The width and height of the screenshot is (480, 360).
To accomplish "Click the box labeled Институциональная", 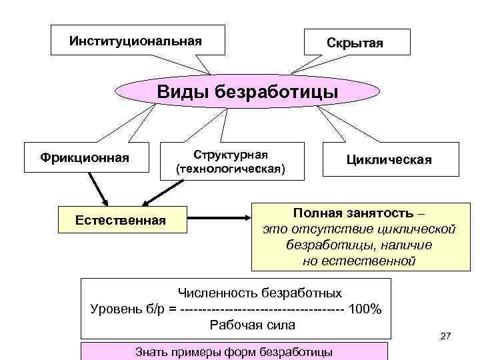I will pyautogui.click(x=136, y=41).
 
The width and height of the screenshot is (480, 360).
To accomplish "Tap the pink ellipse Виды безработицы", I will pyautogui.click(x=247, y=91).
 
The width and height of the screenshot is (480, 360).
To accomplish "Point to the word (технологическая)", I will pyautogui.click(x=230, y=169).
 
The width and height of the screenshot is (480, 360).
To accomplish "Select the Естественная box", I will pyautogui.click(x=121, y=219).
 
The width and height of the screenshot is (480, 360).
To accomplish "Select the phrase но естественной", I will pyautogui.click(x=359, y=261).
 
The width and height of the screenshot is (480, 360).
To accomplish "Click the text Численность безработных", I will pyautogui.click(x=259, y=293).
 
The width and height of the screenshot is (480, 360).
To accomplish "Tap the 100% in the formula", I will pyautogui.click(x=366, y=309).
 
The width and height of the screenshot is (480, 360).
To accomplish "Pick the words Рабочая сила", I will pyautogui.click(x=252, y=325).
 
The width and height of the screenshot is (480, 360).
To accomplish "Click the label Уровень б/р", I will pyautogui.click(x=127, y=309).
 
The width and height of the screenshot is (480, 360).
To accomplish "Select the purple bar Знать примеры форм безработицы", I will pyautogui.click(x=233, y=351).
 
